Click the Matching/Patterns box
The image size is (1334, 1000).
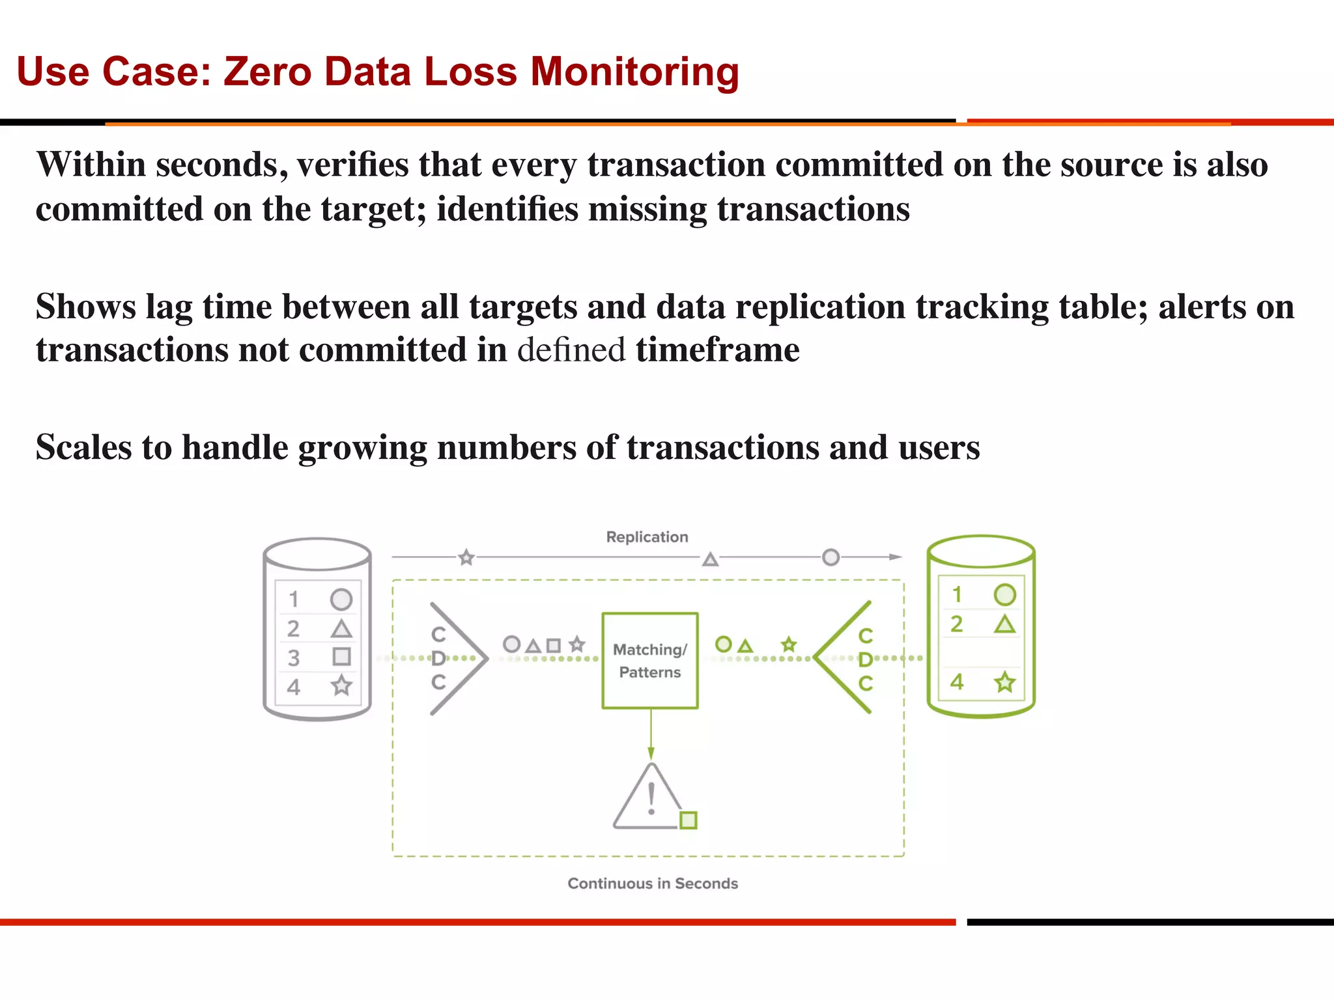point(649,660)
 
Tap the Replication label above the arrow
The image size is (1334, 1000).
point(647,537)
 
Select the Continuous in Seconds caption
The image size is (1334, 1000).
point(653,883)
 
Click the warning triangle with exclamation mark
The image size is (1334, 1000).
point(649,798)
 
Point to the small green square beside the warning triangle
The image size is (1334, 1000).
point(688,820)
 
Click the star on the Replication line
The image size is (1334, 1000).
point(466,558)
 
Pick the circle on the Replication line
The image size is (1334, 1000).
point(830,557)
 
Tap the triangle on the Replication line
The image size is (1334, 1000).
point(710,559)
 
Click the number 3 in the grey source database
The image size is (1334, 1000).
point(294,658)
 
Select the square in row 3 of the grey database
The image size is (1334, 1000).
point(341,656)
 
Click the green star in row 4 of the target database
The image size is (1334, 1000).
point(1005,682)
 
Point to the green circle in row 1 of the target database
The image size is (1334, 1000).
point(1004,594)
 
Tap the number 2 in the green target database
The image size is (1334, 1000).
point(956,624)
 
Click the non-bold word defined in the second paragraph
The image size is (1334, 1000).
point(571,350)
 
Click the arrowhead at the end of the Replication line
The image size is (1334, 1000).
point(896,557)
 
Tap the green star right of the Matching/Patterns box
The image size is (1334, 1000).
point(789,645)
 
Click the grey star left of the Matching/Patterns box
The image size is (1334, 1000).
point(576,645)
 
